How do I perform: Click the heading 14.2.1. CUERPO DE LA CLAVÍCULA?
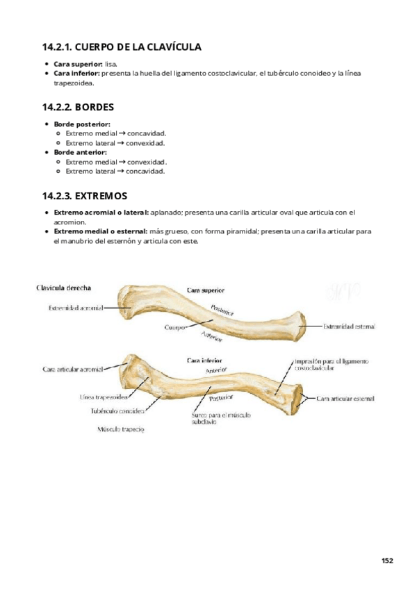click(122, 48)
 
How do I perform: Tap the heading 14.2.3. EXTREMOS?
click(84, 196)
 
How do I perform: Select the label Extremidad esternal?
click(349, 325)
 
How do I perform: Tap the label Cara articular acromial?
click(72, 369)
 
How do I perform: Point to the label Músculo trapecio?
click(120, 429)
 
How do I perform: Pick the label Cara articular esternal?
click(345, 399)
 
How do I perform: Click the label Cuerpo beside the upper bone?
click(174, 326)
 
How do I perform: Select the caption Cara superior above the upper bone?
click(205, 290)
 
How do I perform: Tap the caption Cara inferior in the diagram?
click(204, 360)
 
